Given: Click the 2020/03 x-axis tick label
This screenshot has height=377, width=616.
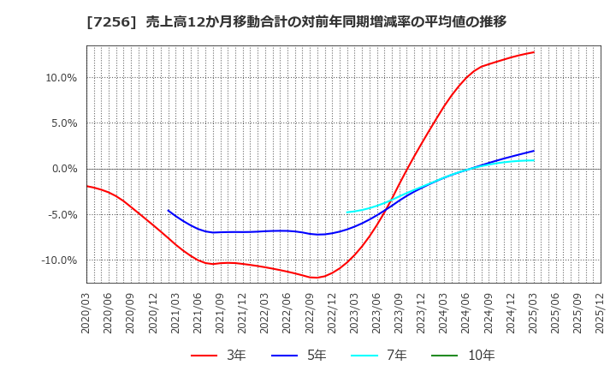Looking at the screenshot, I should tap(86, 313).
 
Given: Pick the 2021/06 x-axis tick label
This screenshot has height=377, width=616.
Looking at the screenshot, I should tap(198, 313).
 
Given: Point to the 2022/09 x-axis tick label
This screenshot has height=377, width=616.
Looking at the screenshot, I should tap(311, 313).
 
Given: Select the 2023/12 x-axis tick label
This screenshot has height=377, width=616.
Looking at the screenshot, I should tap(423, 313).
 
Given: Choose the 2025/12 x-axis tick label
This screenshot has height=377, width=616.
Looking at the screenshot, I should tap(601, 313).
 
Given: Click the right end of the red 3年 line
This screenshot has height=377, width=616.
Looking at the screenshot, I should tap(534, 52).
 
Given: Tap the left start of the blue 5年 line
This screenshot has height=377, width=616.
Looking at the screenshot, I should tap(168, 210).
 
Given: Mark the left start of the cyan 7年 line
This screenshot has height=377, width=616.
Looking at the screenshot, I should tap(347, 212).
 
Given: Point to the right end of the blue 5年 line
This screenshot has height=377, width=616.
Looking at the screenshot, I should tap(534, 151).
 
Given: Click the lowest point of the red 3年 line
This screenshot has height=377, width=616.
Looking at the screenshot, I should tap(316, 278).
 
